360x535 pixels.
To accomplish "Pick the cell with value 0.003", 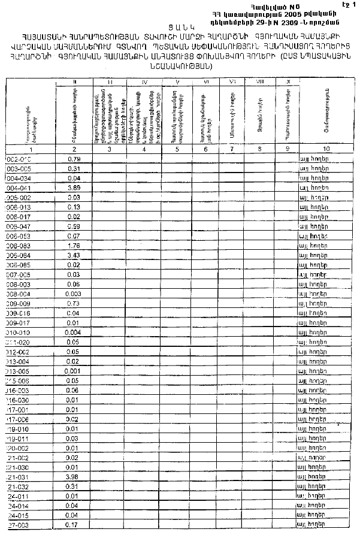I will click(x=74, y=294).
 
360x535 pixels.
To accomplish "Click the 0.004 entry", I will click(x=74, y=332).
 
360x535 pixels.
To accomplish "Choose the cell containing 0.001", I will click(x=74, y=370).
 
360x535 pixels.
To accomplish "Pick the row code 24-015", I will click(x=18, y=515).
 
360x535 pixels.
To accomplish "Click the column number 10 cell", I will click(x=326, y=149).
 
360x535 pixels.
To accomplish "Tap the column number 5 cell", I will click(x=178, y=149).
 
